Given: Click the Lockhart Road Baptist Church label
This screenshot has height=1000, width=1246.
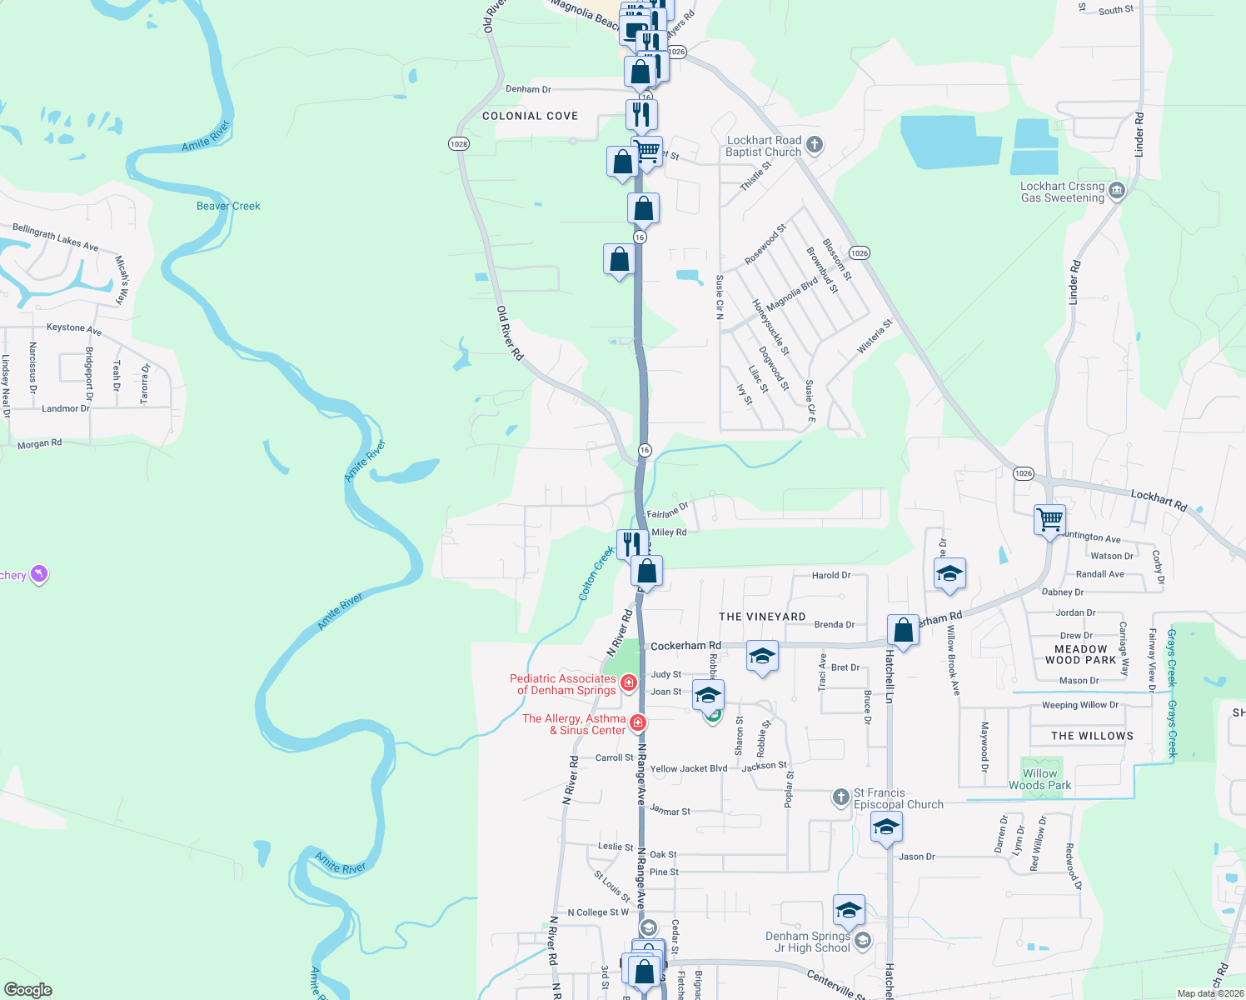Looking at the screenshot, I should (763, 147).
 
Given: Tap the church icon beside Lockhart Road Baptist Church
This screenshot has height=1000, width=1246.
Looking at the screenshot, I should (815, 145).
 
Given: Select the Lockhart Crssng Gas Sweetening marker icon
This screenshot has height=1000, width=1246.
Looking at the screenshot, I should (1117, 192).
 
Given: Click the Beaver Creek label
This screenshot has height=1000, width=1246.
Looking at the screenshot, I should (228, 206).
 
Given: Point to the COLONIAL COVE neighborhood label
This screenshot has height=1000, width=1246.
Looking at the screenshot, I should (530, 116).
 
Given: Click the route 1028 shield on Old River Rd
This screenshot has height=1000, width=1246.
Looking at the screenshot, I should (458, 144).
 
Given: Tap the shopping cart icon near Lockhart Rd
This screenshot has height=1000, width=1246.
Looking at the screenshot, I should (1049, 519).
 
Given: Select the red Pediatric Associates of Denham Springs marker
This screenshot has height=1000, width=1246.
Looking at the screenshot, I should (629, 683).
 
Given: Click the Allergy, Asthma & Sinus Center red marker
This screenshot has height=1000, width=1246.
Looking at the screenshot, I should (638, 722).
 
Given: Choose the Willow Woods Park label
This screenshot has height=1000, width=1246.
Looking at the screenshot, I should (1039, 779).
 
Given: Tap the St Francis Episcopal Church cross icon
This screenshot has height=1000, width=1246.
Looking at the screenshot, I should (841, 797).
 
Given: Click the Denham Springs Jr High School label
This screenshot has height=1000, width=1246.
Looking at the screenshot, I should (808, 942).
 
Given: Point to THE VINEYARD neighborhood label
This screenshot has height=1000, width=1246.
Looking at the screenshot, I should (762, 617).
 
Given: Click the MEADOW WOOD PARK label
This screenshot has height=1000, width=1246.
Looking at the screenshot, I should (1080, 654).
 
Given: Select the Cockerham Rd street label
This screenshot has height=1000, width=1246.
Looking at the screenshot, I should (685, 646).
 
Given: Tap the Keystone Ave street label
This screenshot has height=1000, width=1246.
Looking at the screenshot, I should (73, 328).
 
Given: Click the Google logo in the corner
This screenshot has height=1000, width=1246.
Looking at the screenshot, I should (27, 990).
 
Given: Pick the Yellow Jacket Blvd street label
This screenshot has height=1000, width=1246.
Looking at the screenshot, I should (688, 769).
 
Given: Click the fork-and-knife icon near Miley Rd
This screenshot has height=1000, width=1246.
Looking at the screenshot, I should (631, 543).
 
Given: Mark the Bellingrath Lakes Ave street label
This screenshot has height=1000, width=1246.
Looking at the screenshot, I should (55, 237).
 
